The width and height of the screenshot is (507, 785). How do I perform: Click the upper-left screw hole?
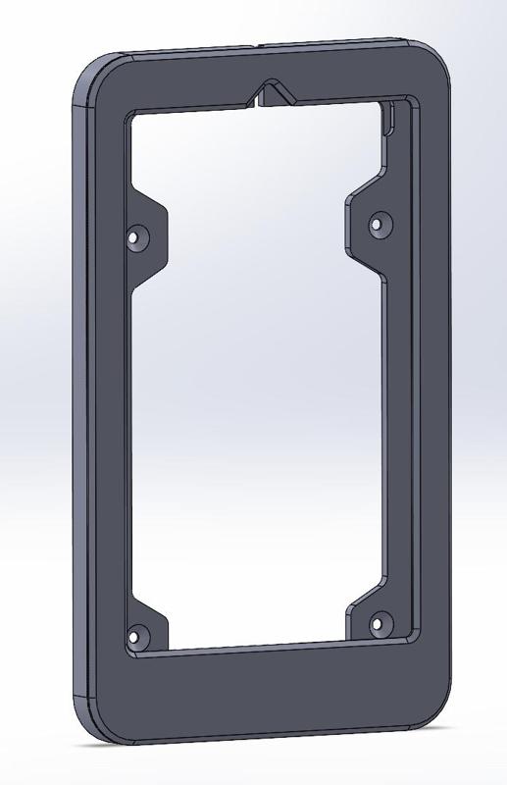(136, 236)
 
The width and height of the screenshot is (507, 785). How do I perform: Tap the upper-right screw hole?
(376, 225)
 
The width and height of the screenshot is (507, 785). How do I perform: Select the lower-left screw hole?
(136, 634)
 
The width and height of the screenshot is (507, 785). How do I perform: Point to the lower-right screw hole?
(378, 622)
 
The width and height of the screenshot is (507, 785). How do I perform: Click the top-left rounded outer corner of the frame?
(91, 75)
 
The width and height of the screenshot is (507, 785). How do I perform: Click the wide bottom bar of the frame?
(265, 692)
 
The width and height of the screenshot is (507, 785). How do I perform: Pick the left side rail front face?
(108, 412)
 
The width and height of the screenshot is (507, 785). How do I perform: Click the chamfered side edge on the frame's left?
(79, 412)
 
